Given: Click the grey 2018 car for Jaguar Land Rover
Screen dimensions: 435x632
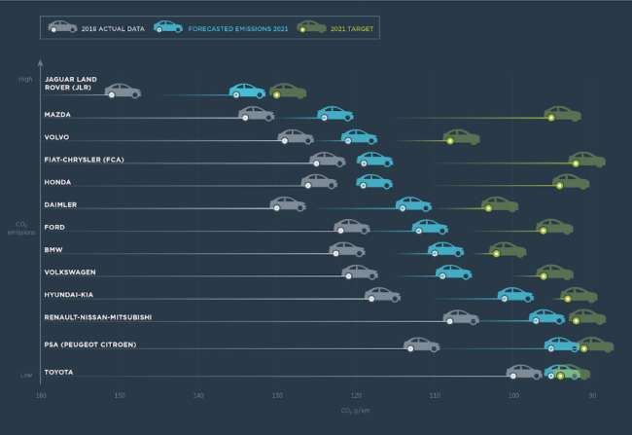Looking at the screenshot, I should (x=123, y=91).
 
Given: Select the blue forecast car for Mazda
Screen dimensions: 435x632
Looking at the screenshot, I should (x=335, y=114).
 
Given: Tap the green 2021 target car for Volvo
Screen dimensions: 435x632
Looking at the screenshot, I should (x=461, y=136).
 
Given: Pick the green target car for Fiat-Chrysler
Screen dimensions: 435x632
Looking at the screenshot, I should (x=587, y=160).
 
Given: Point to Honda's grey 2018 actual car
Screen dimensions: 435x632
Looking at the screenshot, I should (x=319, y=181).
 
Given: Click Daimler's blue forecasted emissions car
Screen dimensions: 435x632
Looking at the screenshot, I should (x=413, y=204).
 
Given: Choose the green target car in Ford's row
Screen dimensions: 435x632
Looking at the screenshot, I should (x=554, y=227).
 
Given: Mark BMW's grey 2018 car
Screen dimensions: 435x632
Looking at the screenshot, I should (x=347, y=249).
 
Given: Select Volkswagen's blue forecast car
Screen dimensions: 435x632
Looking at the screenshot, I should (x=453, y=272).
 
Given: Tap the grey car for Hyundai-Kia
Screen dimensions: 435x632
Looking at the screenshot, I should (x=382, y=295).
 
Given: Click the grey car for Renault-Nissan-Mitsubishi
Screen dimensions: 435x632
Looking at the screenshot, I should (x=460, y=317).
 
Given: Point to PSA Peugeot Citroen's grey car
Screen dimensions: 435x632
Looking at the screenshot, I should (x=421, y=344).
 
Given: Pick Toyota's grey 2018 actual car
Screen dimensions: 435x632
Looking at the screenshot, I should (x=524, y=372).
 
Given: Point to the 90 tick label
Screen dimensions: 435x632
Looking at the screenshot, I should (x=592, y=395).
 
